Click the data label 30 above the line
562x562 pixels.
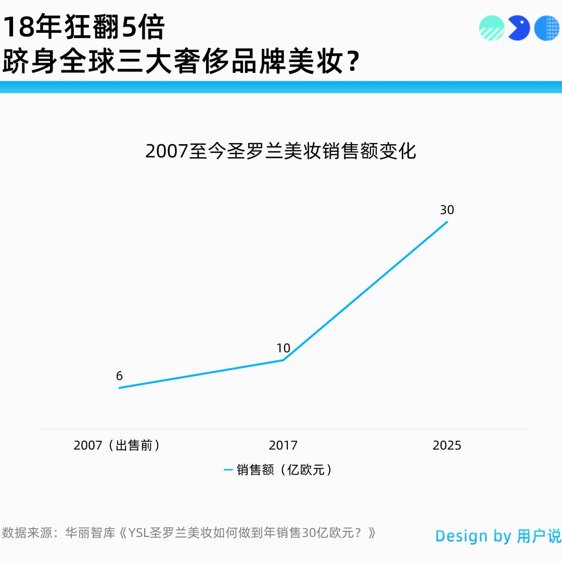447,210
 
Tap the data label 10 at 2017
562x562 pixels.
283,348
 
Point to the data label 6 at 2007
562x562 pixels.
119,376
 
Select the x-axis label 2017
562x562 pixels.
283,445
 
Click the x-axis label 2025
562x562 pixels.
447,445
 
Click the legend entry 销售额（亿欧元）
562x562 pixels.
285,470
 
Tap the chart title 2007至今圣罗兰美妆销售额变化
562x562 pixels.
281,151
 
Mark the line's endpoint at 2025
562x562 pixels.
447,222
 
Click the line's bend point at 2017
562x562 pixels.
283,360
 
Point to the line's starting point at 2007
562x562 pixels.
119,388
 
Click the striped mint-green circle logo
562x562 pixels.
492,28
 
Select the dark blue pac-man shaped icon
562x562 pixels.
518,28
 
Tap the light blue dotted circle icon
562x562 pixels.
546,28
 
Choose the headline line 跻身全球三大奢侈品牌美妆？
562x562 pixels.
181,61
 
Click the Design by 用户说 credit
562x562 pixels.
498,536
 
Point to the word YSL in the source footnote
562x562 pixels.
139,533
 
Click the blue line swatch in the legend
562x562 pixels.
228,470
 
